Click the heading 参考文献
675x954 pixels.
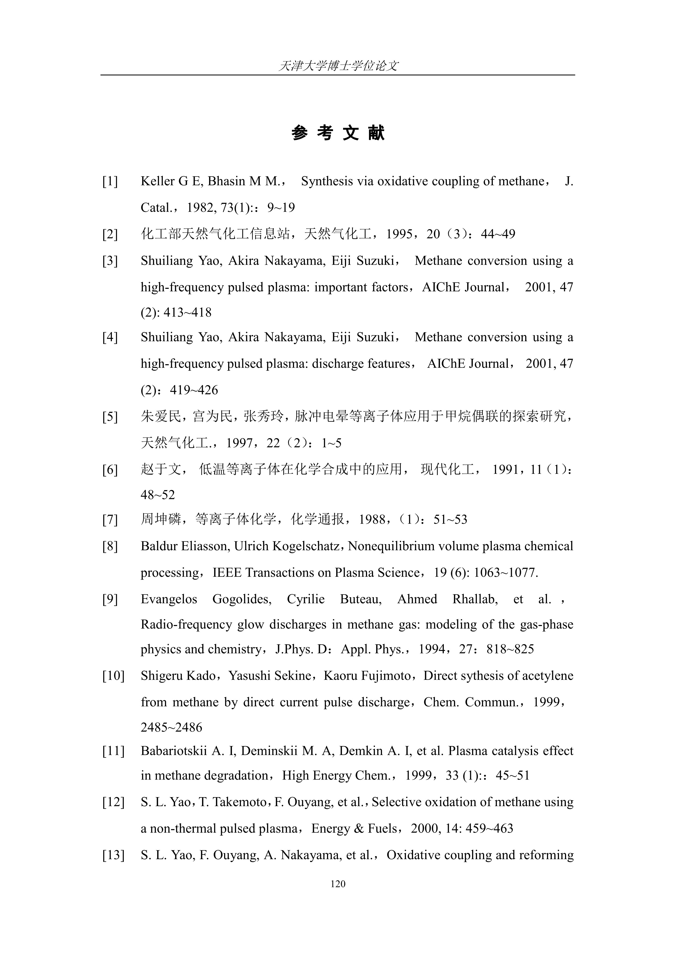click(338, 133)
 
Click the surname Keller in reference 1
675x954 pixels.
click(158, 182)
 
